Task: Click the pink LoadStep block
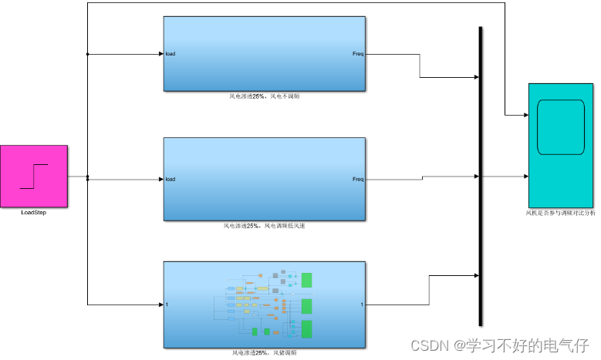pos(34,176)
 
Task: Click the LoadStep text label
pos(33,212)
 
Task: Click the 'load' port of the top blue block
pos(171,54)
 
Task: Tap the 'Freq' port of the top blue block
pos(358,54)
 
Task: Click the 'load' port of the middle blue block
pos(171,180)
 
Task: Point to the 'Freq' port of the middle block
pos(358,180)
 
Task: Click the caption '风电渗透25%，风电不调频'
pos(265,96)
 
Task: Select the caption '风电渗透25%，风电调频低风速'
pos(265,227)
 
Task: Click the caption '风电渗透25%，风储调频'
pos(265,353)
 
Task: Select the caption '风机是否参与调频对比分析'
pos(561,212)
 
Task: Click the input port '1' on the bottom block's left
pos(167,304)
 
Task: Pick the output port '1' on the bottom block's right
pos(361,304)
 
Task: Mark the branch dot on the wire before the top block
pos(88,54)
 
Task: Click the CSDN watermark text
pos(498,344)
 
